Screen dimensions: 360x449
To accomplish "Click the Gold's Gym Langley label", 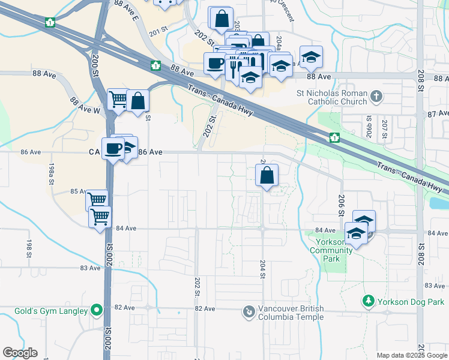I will coord(44,311).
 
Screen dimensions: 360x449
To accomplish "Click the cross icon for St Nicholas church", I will coord(376,96).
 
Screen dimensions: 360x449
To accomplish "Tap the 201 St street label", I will coord(158,32).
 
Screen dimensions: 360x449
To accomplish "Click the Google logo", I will coord(20,353).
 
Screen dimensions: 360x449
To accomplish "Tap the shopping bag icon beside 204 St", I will coord(267,176).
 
